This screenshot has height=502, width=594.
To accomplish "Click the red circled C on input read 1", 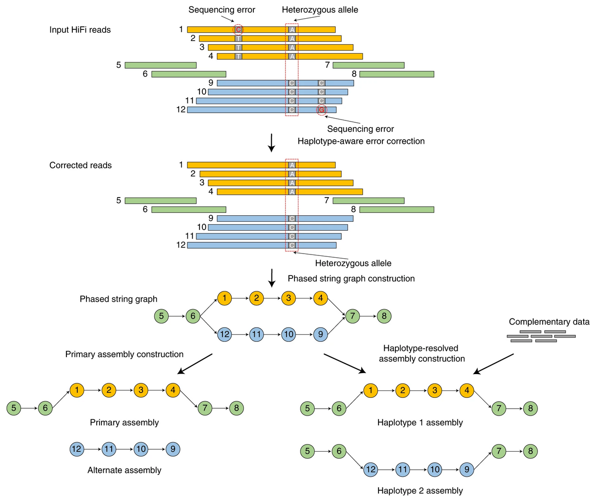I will click(x=238, y=29).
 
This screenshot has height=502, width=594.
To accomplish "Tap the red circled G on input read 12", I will click(x=322, y=110).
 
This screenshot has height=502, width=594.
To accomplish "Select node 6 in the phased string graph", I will click(x=193, y=316).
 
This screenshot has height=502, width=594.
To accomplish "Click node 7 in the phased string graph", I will click(x=352, y=316).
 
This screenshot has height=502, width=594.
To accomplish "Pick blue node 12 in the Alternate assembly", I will click(x=77, y=449).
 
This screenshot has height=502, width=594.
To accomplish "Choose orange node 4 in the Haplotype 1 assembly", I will click(x=466, y=390).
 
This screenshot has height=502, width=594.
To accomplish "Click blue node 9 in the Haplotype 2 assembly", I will click(x=466, y=469).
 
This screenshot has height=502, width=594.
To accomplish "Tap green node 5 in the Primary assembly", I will click(x=14, y=408).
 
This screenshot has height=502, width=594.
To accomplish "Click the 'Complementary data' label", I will click(x=549, y=322).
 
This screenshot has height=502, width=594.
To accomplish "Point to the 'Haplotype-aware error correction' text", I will click(x=361, y=141).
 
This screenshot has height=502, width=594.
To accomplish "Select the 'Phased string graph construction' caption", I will click(x=351, y=279).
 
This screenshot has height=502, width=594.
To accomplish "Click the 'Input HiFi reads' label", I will click(x=80, y=30).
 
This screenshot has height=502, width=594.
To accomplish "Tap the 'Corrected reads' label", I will click(x=80, y=165).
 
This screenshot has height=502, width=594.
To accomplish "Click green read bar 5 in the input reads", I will click(x=160, y=65).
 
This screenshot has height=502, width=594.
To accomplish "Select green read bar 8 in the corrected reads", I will click(x=396, y=210).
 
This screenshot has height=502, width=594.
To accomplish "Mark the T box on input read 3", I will click(x=238, y=48).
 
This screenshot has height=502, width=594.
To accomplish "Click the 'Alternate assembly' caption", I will click(x=124, y=470).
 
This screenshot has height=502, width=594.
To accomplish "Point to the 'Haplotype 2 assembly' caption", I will click(x=420, y=491).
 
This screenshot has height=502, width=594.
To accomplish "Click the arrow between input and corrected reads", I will click(x=271, y=143).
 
